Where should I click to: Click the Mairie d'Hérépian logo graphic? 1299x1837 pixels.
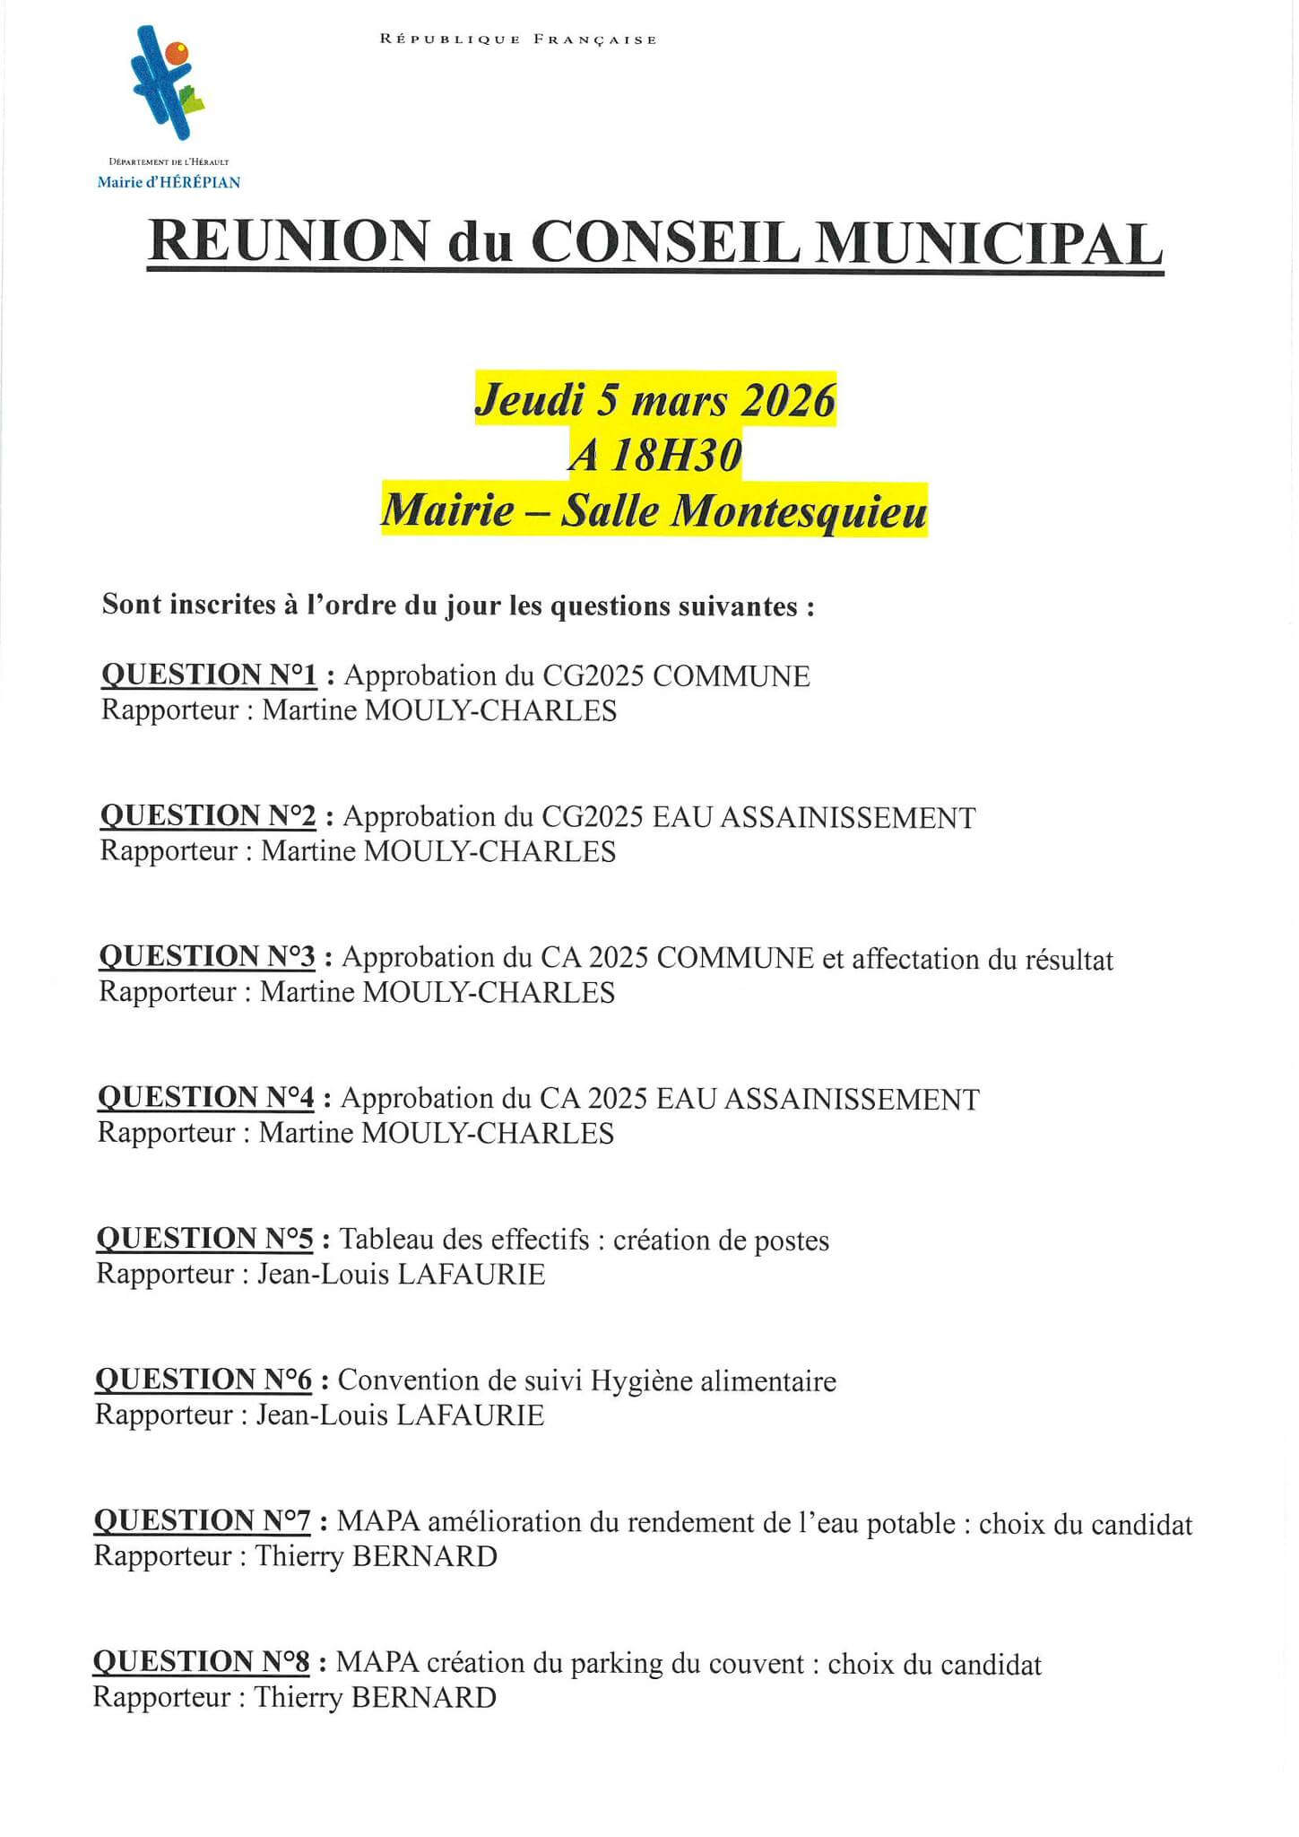167,83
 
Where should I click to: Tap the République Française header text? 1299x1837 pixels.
518,39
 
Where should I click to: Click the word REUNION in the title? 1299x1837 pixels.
288,241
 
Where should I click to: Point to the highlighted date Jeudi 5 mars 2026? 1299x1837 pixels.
655,399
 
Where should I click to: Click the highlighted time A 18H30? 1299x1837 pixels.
655,456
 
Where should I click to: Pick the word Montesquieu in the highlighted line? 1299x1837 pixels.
799,512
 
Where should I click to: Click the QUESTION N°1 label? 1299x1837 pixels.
209,675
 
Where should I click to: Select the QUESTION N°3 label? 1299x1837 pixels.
207,957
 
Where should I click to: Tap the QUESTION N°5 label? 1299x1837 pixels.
204,1239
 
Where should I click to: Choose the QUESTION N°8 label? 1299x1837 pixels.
202,1662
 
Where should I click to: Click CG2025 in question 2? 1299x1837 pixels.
593,817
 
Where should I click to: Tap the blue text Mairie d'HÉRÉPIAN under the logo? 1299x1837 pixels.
169,182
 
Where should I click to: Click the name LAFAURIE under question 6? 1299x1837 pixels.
470,1415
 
